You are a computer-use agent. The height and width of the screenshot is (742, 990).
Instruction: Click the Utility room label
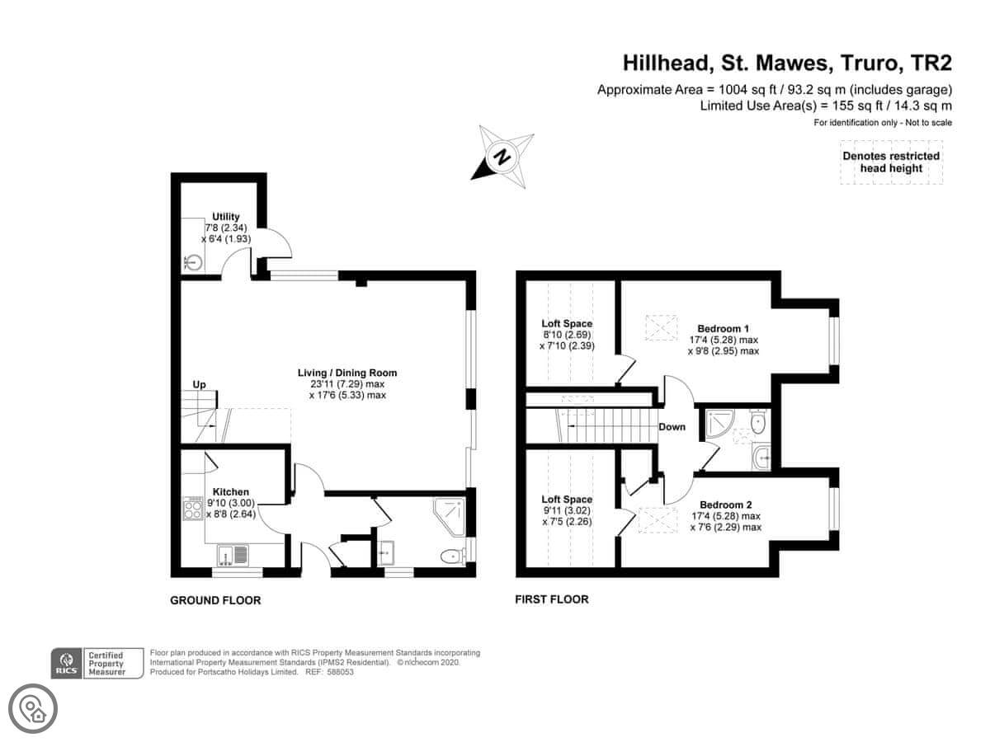tap(225, 217)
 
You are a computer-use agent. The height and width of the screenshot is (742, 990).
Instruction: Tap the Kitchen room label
tap(230, 492)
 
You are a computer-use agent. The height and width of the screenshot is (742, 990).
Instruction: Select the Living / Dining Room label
tap(346, 373)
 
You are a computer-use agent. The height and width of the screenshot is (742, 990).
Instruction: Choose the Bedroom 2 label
tap(726, 505)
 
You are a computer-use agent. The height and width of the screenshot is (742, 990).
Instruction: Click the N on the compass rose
tap(502, 157)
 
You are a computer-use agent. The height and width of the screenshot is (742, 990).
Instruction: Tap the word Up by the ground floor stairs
tap(199, 385)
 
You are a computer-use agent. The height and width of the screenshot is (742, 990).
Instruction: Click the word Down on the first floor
tap(672, 426)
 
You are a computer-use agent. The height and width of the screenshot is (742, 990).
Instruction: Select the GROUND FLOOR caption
tap(215, 600)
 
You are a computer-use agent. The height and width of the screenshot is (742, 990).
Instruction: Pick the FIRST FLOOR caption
tap(552, 599)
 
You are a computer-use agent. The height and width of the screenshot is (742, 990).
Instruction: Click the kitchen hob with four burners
tap(193, 508)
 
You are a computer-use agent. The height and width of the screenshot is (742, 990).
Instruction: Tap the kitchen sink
tap(233, 555)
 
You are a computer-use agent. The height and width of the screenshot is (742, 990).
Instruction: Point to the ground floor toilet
tap(453, 556)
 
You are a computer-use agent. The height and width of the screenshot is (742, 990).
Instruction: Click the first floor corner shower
tap(720, 423)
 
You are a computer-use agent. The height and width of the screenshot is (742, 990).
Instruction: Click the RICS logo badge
tap(66, 663)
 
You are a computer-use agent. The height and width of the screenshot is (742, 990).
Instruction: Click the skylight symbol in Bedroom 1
tap(662, 327)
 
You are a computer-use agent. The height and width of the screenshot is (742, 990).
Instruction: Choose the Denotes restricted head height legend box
tap(891, 162)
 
